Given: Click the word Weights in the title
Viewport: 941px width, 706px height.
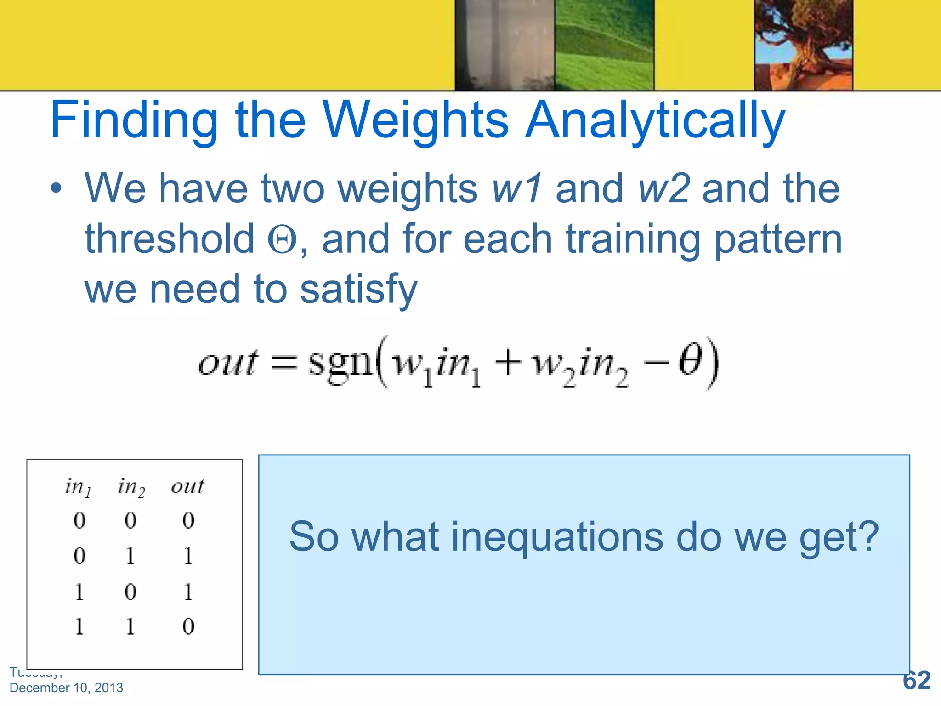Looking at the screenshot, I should pos(416,120).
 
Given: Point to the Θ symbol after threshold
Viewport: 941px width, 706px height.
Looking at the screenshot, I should pos(282,240).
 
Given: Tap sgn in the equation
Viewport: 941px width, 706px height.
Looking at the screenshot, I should pos(340,363).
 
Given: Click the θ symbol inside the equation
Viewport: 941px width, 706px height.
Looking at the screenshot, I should pos(690,361).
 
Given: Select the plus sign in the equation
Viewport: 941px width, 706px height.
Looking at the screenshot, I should pos(508,363).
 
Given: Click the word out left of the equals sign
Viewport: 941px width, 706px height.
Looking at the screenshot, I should pos(227,363).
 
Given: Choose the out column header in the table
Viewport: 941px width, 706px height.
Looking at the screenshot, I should pos(187,486).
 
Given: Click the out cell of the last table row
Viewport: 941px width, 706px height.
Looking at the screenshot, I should pos(188,626).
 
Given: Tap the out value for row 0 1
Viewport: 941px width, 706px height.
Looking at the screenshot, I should pos(188,556).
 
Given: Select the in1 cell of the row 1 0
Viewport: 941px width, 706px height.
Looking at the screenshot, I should pos(79,592).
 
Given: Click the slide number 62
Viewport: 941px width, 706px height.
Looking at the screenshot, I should pos(916,680).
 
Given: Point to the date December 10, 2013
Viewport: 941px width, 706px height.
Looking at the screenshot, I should pos(66,688).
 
